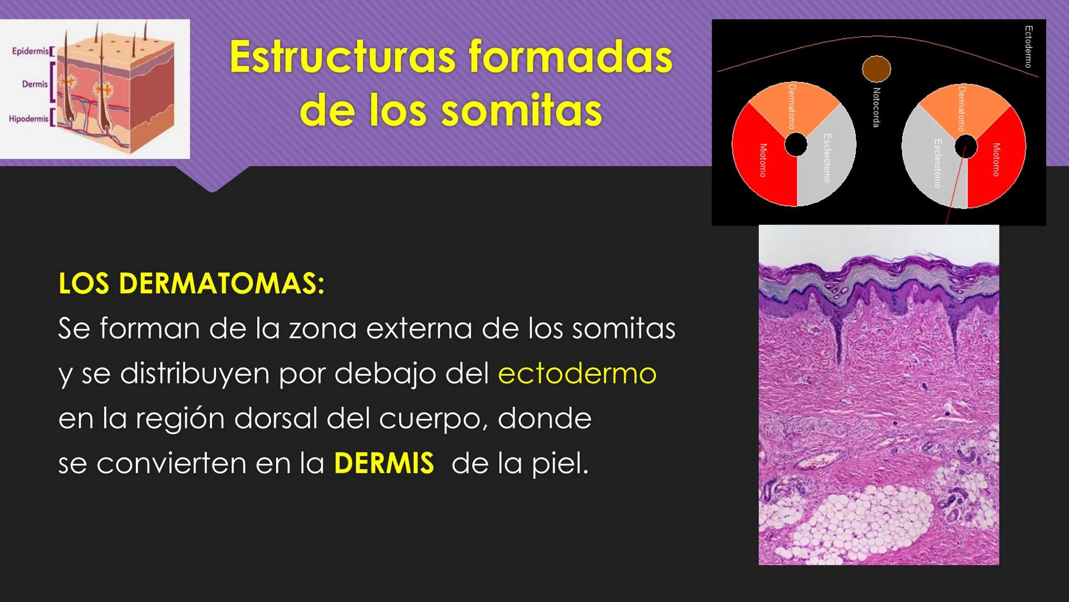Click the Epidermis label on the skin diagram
click(x=31, y=51)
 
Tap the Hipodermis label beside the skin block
click(x=28, y=119)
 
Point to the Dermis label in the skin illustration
click(x=35, y=84)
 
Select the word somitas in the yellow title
click(x=521, y=110)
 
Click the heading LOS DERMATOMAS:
click(x=191, y=284)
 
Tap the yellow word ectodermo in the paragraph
click(x=577, y=373)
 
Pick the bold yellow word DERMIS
click(x=384, y=463)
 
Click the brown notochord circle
click(x=876, y=69)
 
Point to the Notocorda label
click(x=876, y=108)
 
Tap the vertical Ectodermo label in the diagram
click(x=1028, y=47)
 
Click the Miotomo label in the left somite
click(x=763, y=160)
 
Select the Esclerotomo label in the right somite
click(x=937, y=163)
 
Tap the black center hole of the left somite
click(x=796, y=145)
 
